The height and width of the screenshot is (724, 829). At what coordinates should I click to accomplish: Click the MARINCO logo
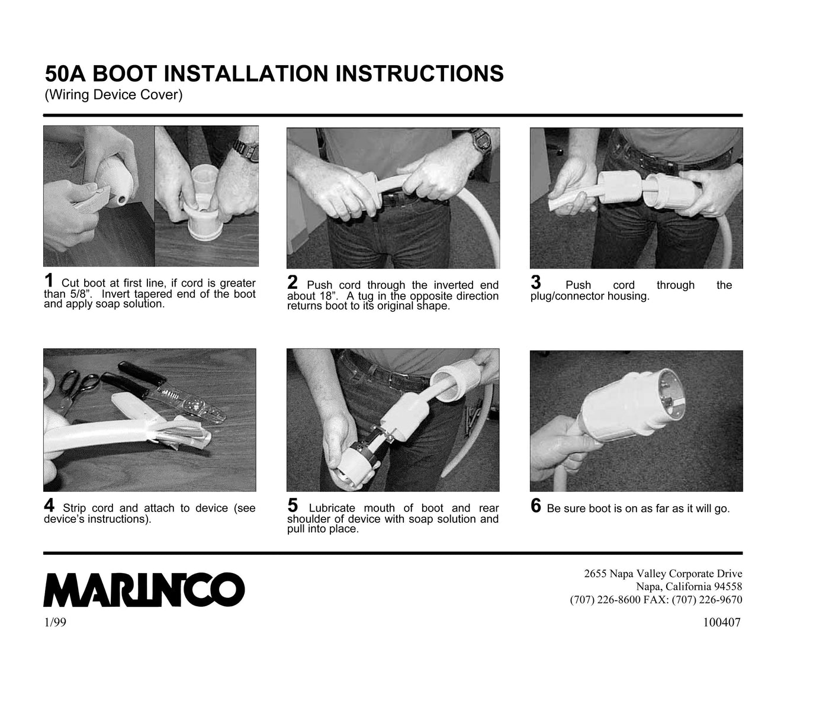(144, 589)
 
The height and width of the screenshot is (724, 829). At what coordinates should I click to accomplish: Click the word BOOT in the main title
(125, 73)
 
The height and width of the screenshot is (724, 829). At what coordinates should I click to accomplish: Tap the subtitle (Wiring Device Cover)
(114, 95)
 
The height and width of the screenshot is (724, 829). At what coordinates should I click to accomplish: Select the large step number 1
(49, 281)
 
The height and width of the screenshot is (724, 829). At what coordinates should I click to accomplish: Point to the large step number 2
(292, 282)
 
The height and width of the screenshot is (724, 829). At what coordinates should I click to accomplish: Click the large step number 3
(536, 282)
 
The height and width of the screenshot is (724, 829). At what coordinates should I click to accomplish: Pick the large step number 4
(49, 505)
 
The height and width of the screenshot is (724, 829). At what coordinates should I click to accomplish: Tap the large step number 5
(293, 505)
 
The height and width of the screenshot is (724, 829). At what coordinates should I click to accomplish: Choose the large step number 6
(536, 506)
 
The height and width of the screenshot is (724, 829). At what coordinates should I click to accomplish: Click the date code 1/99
(55, 623)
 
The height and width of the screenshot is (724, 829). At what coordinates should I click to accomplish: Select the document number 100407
(722, 623)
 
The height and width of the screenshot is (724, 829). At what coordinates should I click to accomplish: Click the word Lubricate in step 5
(332, 508)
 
